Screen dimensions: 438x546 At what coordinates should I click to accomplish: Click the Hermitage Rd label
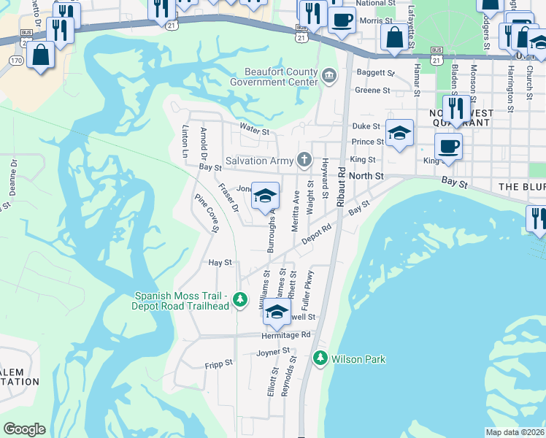click(286, 335)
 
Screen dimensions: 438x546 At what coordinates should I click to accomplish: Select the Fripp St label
click(218, 363)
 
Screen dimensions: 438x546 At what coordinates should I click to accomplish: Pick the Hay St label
click(220, 262)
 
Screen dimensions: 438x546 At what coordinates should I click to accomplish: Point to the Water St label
click(255, 131)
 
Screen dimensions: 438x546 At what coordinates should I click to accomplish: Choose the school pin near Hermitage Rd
click(277, 313)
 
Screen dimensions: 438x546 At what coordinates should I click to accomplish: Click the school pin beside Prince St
click(399, 134)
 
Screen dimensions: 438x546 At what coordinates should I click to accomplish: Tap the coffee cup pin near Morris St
click(342, 20)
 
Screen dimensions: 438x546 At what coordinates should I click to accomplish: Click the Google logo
click(24, 429)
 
